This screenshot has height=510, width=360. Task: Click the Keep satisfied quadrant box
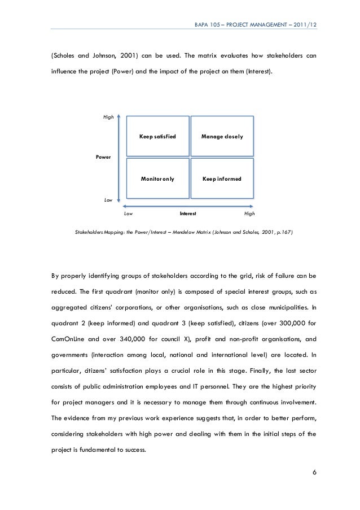pos(157,137)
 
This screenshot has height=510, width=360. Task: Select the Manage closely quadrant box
pos(222,137)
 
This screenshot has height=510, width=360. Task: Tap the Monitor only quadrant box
pos(157,178)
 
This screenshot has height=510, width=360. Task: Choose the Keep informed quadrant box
pos(222,178)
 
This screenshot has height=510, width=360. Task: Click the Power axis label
pos(103,156)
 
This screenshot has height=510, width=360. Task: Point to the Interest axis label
pos(187,214)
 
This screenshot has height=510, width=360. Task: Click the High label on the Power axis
pos(108,117)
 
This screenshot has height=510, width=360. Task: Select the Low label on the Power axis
pos(108,200)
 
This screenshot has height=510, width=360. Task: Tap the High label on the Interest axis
pos(249,214)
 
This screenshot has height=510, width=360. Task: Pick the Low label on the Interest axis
pos(128,214)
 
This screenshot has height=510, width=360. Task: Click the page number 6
pos(314,472)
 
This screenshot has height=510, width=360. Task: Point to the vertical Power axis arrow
pos(117,158)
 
